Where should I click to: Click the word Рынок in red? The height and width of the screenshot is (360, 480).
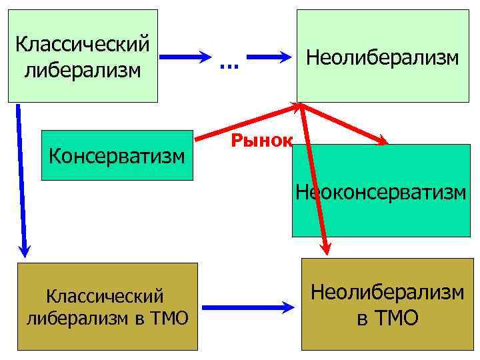point(262,140)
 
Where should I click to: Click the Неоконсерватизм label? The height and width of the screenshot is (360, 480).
point(382,193)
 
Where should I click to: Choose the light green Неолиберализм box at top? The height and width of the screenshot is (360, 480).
point(382,57)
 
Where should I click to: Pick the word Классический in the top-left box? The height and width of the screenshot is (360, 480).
point(82,45)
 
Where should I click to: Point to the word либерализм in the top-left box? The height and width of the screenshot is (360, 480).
point(83,69)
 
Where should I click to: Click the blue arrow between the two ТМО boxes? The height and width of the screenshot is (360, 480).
point(247,307)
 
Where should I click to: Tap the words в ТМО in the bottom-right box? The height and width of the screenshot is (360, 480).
point(387,318)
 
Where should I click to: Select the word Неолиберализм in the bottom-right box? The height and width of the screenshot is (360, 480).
point(387,291)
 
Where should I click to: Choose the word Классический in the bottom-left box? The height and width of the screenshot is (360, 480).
point(104,294)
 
